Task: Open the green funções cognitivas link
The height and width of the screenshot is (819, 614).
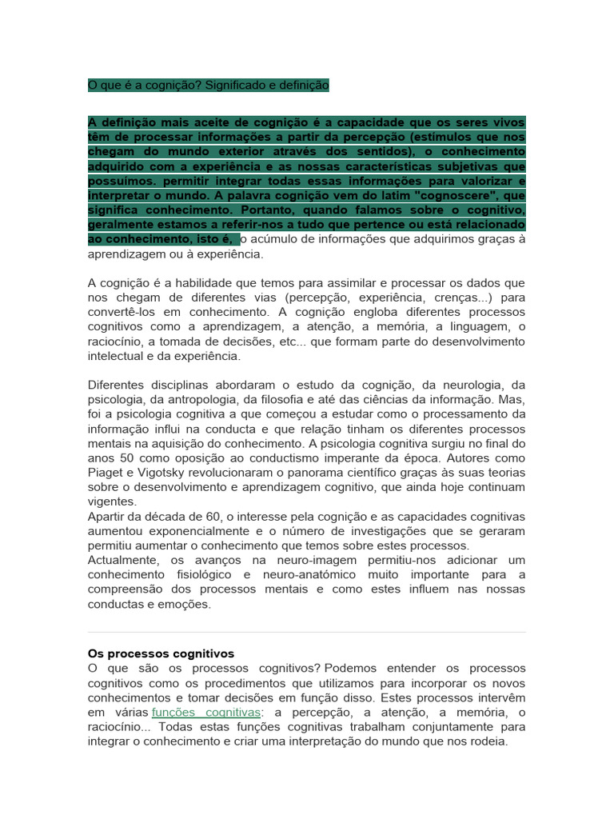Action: [205, 712]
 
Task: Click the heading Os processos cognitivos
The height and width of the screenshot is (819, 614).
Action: [161, 653]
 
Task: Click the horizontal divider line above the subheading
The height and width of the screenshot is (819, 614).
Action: [306, 633]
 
